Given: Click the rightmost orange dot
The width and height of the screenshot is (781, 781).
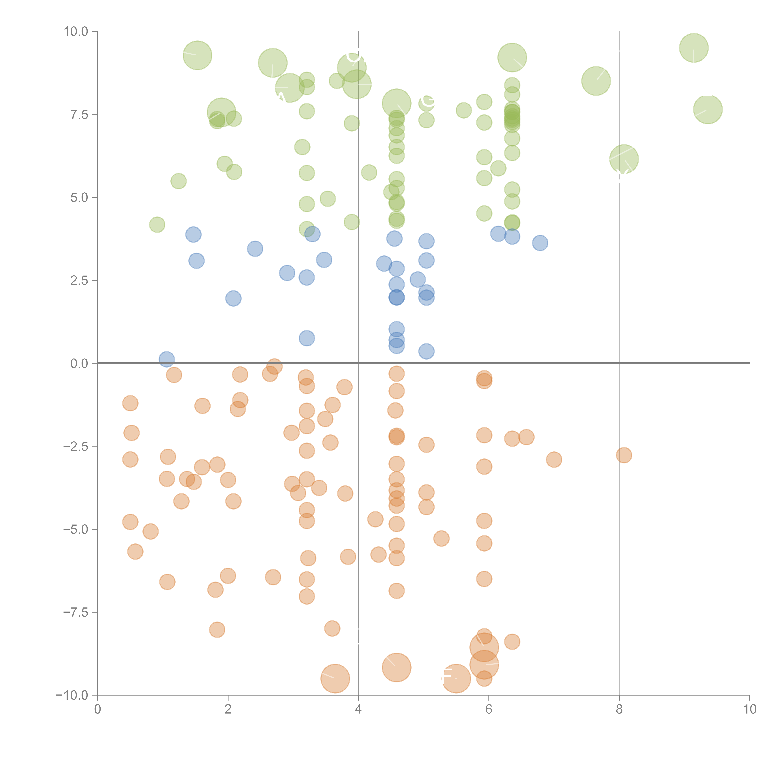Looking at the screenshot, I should tap(624, 455).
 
